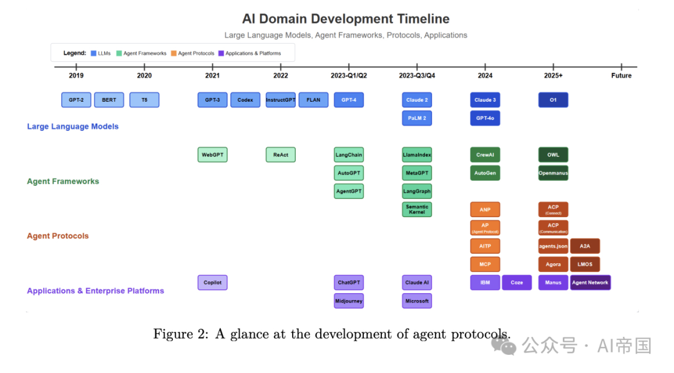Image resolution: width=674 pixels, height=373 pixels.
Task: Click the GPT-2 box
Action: [x=76, y=100]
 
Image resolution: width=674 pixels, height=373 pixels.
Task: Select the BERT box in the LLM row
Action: [x=109, y=100]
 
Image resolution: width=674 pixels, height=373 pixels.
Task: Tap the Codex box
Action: [x=245, y=100]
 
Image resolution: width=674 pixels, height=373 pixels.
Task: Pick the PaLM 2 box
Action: [x=417, y=118]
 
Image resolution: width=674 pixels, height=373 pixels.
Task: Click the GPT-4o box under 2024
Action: [x=485, y=118]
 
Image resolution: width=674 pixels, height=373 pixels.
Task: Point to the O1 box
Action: [x=553, y=100]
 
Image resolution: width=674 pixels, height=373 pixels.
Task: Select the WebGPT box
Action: [x=212, y=155]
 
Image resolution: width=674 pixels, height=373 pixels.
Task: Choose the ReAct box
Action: [x=281, y=155]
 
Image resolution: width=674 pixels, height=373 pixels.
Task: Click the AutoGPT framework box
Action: [x=349, y=173]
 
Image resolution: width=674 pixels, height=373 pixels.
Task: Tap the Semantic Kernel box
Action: [x=417, y=210]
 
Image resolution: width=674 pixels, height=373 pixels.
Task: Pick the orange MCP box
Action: [x=485, y=264]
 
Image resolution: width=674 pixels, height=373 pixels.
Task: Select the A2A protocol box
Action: [x=585, y=246]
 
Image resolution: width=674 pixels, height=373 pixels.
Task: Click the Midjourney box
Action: [x=349, y=301]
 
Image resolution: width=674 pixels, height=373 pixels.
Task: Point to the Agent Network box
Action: [x=590, y=283]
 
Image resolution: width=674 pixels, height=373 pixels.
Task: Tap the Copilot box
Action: [x=212, y=283]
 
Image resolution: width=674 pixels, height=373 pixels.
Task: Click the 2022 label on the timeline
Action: [x=281, y=75]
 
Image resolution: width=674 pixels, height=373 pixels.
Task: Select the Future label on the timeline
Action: [x=621, y=75]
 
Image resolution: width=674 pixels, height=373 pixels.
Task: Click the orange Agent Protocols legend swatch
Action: [x=174, y=54]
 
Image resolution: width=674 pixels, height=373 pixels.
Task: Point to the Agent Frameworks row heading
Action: [x=63, y=182]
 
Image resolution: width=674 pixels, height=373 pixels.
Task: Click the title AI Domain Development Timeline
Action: [x=346, y=19]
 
